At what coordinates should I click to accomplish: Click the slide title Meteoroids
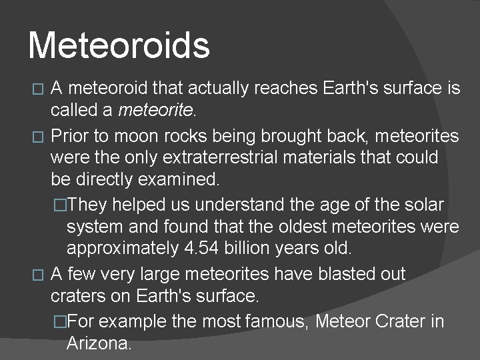119,46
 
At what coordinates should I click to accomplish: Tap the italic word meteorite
155,109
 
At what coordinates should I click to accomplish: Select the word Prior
70,137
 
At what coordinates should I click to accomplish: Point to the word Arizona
99,344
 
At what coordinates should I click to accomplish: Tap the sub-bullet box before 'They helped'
61,204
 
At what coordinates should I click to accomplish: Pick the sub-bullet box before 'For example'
61,322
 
